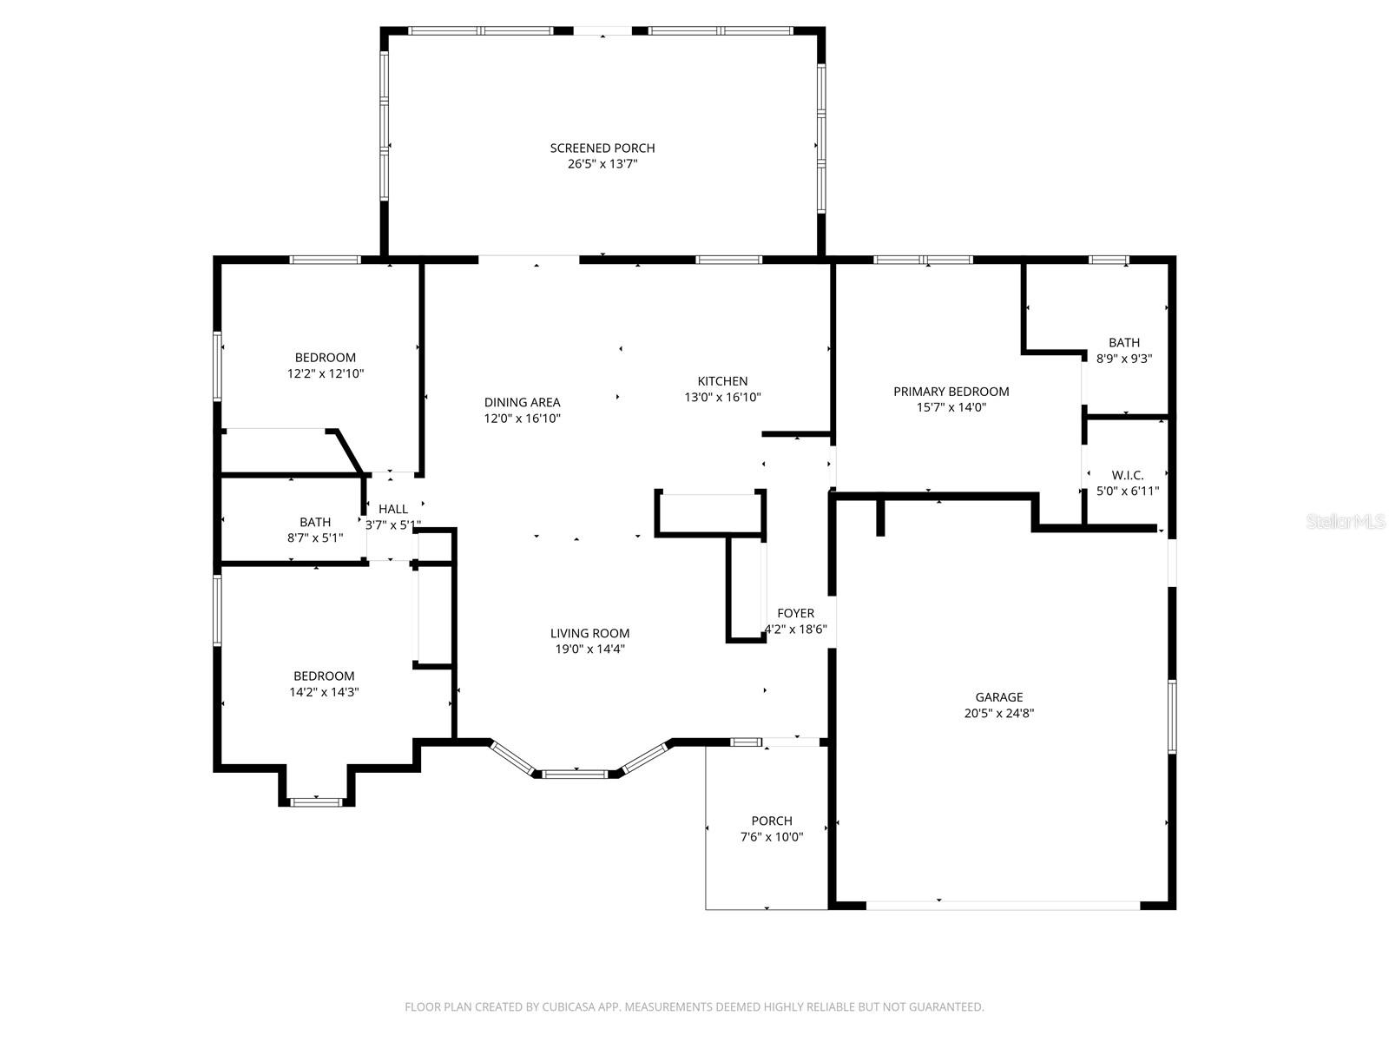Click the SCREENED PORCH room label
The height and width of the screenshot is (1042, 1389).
click(602, 148)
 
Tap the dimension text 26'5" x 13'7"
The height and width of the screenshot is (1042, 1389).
click(602, 163)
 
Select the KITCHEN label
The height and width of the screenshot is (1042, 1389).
click(722, 381)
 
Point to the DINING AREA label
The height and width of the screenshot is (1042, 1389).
click(522, 402)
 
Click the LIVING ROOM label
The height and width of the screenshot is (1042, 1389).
click(589, 634)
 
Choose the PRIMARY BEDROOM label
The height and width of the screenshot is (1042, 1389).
click(951, 392)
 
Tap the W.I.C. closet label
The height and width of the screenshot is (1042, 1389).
click(1128, 476)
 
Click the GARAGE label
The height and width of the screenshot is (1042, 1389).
click(998, 697)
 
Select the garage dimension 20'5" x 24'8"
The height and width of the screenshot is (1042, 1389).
click(998, 713)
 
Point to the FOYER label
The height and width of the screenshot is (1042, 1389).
click(795, 614)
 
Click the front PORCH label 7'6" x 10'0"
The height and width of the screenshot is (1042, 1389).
click(771, 821)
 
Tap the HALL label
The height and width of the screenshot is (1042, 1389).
click(393, 510)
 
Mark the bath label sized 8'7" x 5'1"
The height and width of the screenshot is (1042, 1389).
click(315, 523)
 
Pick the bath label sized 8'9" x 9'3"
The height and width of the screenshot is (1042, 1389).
click(1123, 343)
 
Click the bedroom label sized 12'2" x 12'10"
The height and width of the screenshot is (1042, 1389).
click(325, 358)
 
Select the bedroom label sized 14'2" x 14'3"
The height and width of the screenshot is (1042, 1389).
click(324, 676)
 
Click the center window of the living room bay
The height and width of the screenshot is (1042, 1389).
click(576, 771)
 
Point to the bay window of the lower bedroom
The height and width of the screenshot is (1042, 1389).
click(317, 801)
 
